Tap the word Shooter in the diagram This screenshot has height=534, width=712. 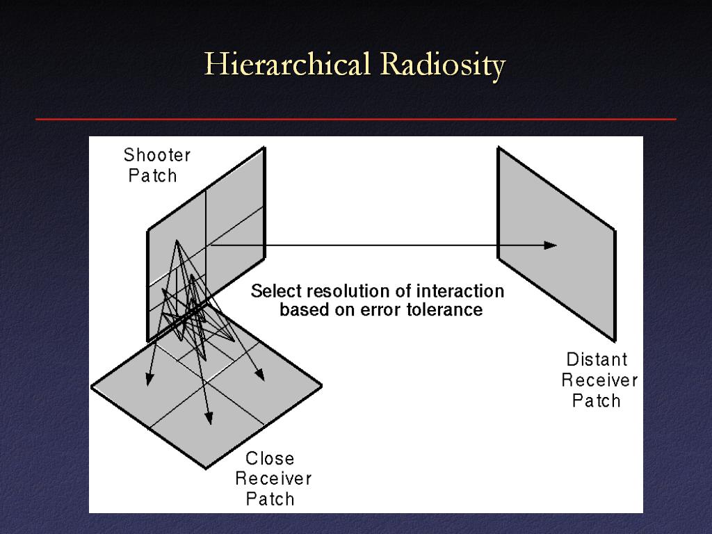point(156,155)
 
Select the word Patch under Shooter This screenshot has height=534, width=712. point(152,176)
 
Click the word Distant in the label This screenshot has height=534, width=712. point(597,359)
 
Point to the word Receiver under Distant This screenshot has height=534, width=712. point(599,380)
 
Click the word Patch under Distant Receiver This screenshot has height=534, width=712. point(596,401)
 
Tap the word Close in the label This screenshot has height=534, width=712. point(270,458)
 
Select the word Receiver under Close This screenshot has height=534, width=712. point(273,478)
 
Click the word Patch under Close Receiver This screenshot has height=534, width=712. point(270,499)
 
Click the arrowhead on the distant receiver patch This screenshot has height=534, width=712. point(551,245)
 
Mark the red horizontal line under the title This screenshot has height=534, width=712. point(355,120)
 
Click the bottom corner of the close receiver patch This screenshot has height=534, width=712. point(206,468)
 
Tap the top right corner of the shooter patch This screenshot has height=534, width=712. point(264,147)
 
